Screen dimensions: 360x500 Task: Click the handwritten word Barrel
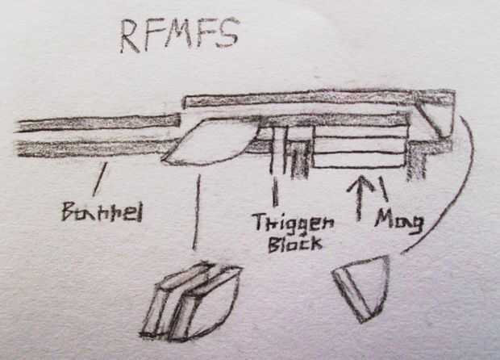pyautogui.click(x=102, y=213)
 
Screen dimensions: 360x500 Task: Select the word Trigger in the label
pyautogui.click(x=285, y=224)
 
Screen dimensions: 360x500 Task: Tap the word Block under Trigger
pyautogui.click(x=294, y=244)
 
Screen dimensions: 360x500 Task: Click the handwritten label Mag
pyautogui.click(x=398, y=220)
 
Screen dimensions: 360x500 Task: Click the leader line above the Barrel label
pyautogui.click(x=99, y=178)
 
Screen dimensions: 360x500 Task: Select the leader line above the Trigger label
pyautogui.click(x=275, y=192)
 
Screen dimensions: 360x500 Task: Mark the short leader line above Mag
pyautogui.click(x=383, y=189)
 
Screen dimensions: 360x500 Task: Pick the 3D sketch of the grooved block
pyautogui.click(x=190, y=300)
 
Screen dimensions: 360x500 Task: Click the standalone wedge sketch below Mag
pyautogui.click(x=362, y=284)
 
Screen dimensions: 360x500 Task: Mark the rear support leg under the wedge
pyautogui.click(x=416, y=162)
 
